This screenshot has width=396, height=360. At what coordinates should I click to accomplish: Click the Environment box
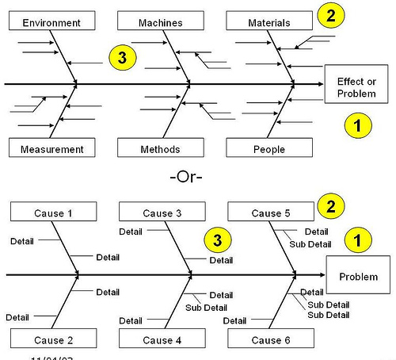51,22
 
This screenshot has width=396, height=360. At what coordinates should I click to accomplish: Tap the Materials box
268,22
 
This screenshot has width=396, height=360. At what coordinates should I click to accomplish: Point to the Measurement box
51,148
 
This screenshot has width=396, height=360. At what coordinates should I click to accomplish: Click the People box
268,148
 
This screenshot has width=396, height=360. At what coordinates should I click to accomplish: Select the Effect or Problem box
356,87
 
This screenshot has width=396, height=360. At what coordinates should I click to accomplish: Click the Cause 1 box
53,213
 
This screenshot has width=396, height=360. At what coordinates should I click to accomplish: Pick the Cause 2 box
53,339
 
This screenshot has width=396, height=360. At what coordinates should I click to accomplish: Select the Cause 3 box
162,213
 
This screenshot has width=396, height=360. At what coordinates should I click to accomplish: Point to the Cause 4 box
162,339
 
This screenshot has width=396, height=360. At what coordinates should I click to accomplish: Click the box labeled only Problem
358,277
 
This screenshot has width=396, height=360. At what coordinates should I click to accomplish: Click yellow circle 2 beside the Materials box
331,14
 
